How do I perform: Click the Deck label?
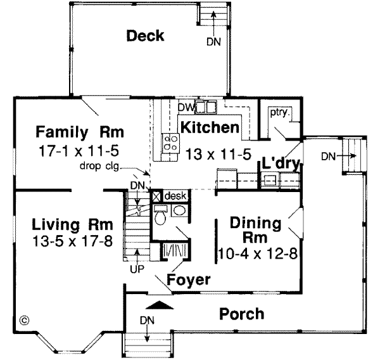(x=145, y=35)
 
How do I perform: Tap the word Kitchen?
(x=210, y=127)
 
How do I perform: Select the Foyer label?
(x=189, y=279)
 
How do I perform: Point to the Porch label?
(x=241, y=314)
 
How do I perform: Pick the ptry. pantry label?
(x=279, y=113)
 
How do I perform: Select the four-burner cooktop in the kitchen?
(x=170, y=142)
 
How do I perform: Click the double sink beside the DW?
(x=206, y=106)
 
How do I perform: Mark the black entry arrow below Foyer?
(x=163, y=305)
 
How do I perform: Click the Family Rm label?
(x=79, y=132)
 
